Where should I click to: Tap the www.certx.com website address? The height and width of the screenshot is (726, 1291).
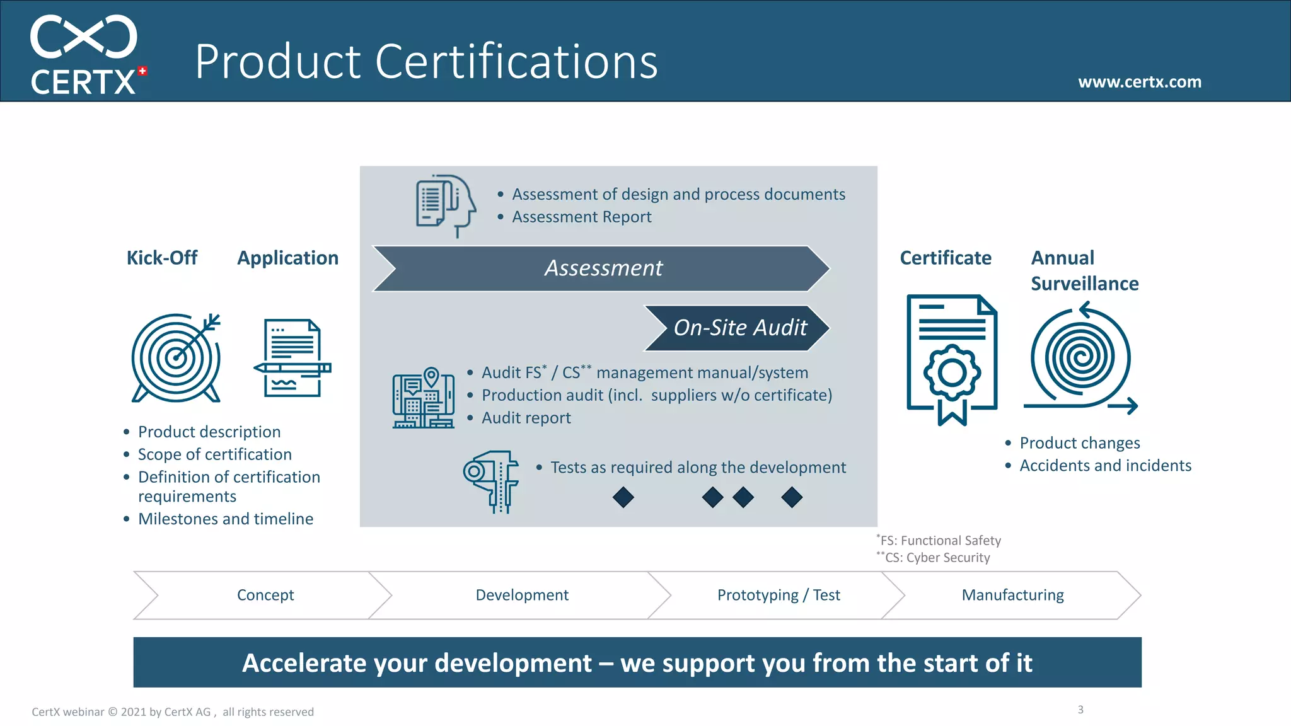[1139, 82]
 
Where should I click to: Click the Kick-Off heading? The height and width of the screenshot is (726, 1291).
[161, 258]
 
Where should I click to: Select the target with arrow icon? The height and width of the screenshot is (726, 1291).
[176, 358]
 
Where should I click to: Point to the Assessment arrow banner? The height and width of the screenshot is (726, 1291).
[602, 268]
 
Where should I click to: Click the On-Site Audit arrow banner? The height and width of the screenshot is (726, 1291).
[738, 328]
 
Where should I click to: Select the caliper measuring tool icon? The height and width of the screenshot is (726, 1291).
[492, 481]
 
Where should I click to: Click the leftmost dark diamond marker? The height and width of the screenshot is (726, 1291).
[623, 497]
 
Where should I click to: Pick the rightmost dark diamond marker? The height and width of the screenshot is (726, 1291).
[792, 497]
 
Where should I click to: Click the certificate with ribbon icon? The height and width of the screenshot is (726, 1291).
[952, 359]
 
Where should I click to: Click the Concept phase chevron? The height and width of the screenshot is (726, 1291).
[265, 595]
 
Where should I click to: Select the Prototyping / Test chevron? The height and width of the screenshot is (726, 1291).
[778, 595]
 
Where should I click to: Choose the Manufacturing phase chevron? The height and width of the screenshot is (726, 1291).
[1012, 595]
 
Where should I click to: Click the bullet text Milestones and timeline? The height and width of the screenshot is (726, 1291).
[225, 519]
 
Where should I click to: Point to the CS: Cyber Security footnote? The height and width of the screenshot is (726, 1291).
[936, 558]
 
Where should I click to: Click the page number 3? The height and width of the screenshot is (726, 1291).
[1080, 710]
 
